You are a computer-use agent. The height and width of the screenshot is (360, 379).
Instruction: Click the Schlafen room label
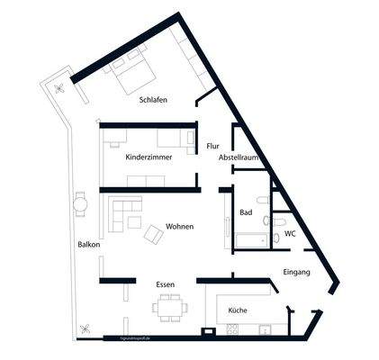154,100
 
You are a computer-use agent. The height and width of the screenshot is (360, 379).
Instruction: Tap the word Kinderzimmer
149,157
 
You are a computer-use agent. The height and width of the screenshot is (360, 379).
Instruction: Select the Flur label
212,145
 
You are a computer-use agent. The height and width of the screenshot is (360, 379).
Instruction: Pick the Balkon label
88,244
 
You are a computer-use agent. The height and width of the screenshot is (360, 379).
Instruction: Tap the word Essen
165,284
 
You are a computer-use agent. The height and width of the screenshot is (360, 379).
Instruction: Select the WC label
290,233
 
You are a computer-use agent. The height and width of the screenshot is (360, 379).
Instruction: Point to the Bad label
246,212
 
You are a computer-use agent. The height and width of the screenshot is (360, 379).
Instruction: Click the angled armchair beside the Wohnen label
152,234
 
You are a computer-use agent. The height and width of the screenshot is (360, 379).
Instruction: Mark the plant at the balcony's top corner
59,88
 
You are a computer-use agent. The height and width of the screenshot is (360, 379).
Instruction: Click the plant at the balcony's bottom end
86,328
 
